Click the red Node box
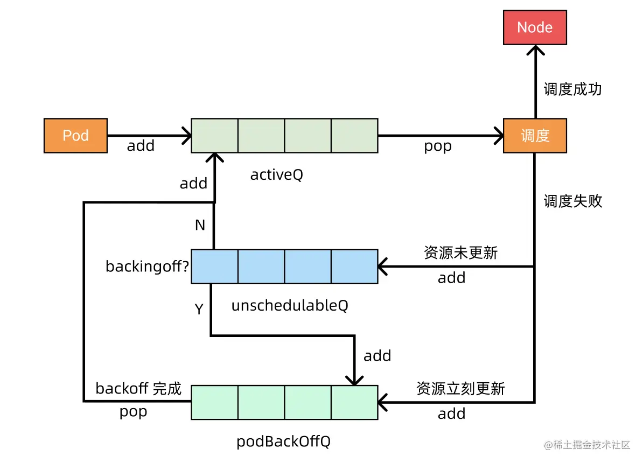[x=534, y=27]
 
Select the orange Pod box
[x=75, y=136]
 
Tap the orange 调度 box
[x=534, y=136]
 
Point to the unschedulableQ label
[x=290, y=306]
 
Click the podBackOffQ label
[x=283, y=442]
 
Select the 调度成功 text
[x=572, y=89]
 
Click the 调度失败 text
[x=572, y=201]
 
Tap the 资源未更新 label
[x=460, y=252]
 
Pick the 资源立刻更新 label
[x=460, y=388]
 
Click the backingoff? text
[x=147, y=266]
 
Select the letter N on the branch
[x=200, y=226]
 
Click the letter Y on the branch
[x=199, y=310]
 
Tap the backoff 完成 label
[x=138, y=388]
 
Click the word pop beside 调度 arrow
[x=437, y=146]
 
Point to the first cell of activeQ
[x=214, y=136]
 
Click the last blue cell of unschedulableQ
[x=354, y=266]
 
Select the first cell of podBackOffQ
[x=214, y=402]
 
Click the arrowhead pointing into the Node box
[x=535, y=50]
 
